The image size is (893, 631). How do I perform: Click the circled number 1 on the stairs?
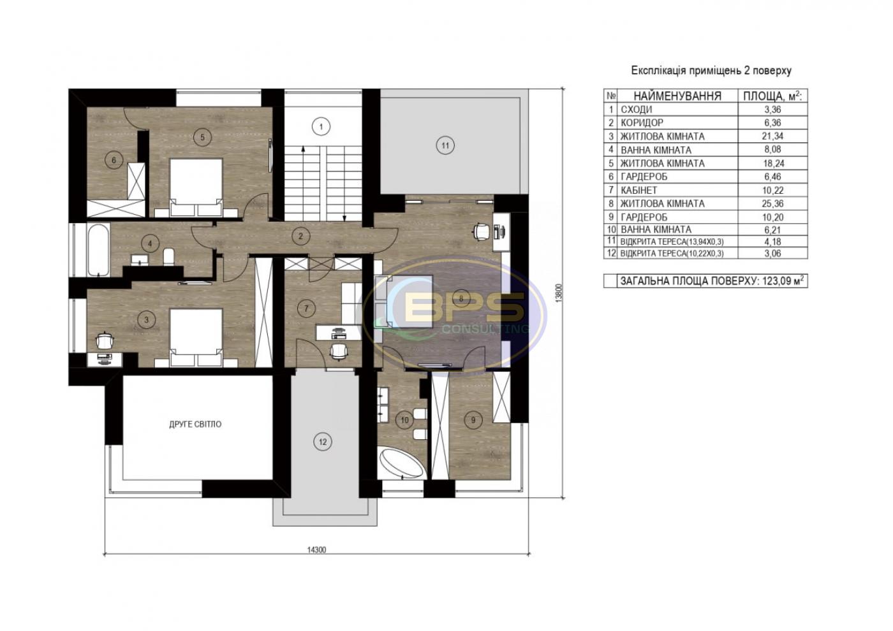(321, 127)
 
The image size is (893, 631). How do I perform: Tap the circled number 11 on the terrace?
(445, 145)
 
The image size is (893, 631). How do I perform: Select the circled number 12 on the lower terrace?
(323, 441)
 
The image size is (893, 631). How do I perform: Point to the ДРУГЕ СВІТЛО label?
(195, 424)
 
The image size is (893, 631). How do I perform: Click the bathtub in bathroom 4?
(98, 250)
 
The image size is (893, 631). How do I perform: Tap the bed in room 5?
(196, 187)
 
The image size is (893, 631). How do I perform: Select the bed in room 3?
(196, 337)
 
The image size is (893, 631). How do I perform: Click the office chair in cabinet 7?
(339, 351)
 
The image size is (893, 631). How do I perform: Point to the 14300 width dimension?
(316, 549)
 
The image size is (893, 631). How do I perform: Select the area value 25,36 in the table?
(772, 203)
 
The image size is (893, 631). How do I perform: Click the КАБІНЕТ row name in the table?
(639, 190)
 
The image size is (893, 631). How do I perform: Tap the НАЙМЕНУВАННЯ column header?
(677, 96)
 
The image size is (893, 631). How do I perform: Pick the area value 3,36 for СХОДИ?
(772, 109)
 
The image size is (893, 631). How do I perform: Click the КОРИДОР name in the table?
(642, 122)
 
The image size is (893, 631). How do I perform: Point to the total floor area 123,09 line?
(711, 281)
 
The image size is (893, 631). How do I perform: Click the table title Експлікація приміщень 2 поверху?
(711, 71)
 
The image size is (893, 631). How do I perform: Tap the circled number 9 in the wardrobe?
(473, 419)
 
